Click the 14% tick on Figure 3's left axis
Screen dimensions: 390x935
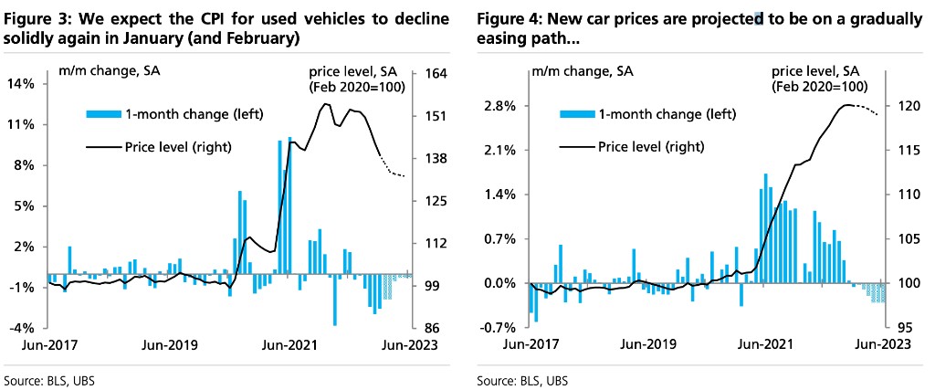(22, 84)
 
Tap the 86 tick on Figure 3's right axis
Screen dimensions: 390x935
(429, 328)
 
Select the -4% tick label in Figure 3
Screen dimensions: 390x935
(22, 328)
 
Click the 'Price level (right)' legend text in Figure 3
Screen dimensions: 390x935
(178, 146)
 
